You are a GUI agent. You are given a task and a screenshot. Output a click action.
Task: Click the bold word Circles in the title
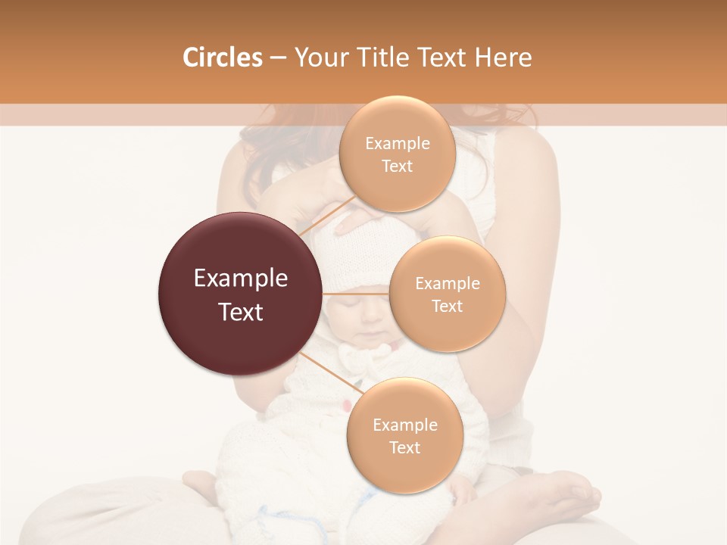click(222, 58)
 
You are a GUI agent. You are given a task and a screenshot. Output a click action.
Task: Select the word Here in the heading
click(503, 58)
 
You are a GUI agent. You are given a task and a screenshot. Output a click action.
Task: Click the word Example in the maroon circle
click(241, 279)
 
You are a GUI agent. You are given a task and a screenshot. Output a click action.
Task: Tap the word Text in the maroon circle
click(241, 312)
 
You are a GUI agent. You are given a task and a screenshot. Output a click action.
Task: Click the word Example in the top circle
click(397, 144)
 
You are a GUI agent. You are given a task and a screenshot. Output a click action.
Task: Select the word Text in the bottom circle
click(404, 447)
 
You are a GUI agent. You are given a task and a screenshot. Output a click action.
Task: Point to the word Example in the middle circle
click(447, 284)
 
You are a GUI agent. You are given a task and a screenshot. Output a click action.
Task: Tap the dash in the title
click(277, 58)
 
